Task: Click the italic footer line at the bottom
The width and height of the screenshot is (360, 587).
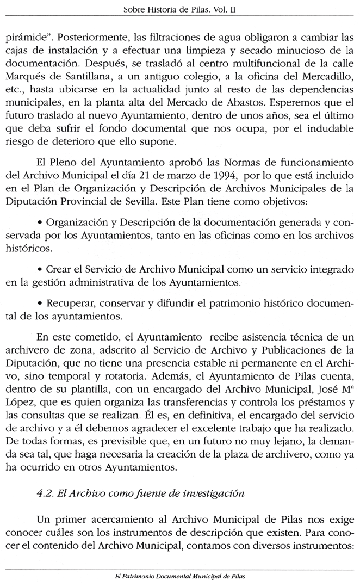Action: (x=179, y=574)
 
